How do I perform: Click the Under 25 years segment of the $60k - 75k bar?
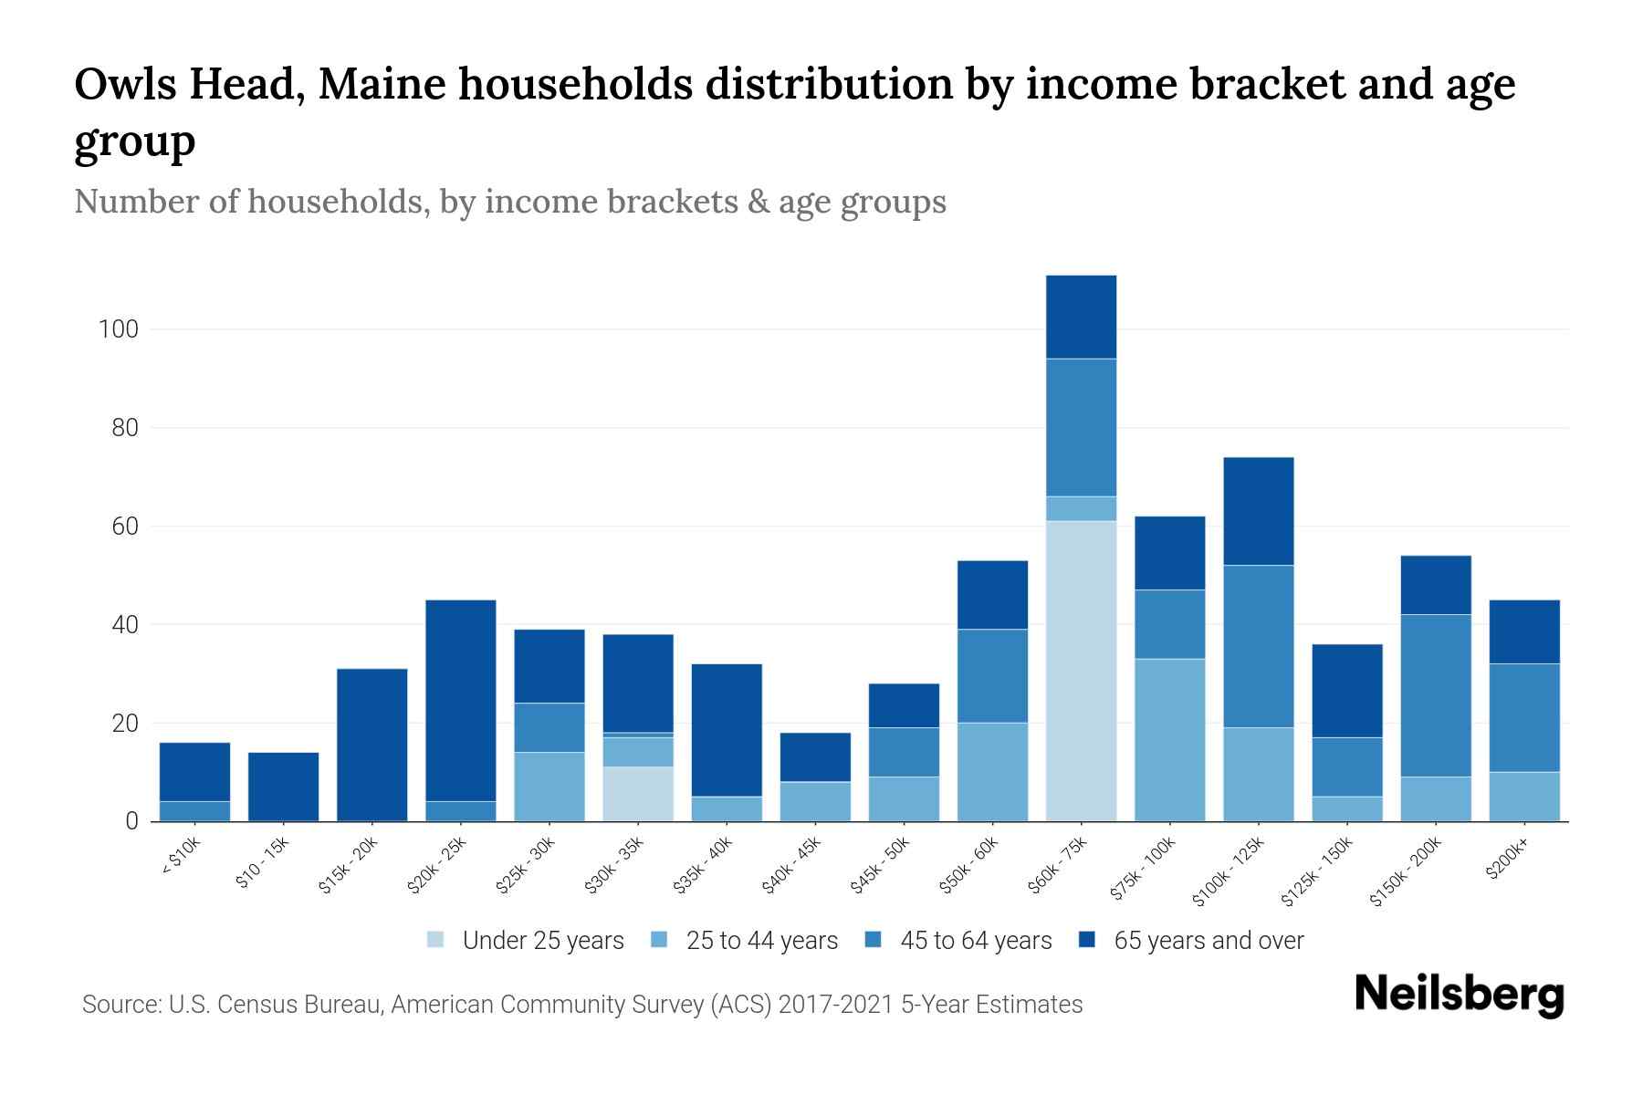pyautogui.click(x=1081, y=671)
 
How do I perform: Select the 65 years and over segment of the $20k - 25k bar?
pyautogui.click(x=461, y=700)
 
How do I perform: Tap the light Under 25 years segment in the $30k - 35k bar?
pyautogui.click(x=638, y=794)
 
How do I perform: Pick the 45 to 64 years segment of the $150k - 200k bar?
pyautogui.click(x=1435, y=695)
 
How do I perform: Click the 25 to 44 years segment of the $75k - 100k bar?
pyautogui.click(x=1169, y=740)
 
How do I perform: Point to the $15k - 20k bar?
pyautogui.click(x=372, y=745)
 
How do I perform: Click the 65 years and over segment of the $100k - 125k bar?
pyautogui.click(x=1258, y=511)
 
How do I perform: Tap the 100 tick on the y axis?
pyautogui.click(x=119, y=329)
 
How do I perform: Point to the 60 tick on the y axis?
pyautogui.click(x=125, y=527)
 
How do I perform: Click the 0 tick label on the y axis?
pyautogui.click(x=132, y=821)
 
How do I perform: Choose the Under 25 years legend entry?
pyautogui.click(x=526, y=941)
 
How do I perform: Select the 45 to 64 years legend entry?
pyautogui.click(x=958, y=941)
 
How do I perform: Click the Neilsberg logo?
pyautogui.click(x=1459, y=994)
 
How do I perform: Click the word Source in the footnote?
pyautogui.click(x=120, y=1005)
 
